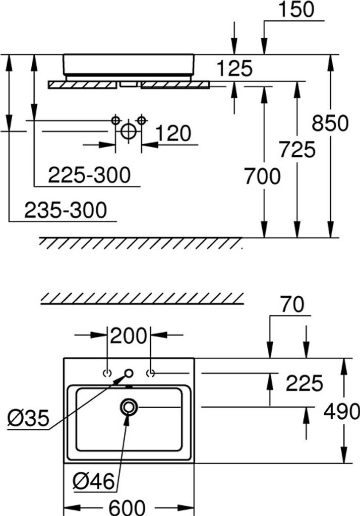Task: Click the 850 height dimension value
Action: point(330,123)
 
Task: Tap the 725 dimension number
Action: point(297,150)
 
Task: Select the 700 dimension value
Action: point(262,176)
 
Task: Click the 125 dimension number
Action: point(234,68)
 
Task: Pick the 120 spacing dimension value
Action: point(173,134)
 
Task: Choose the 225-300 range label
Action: point(89,175)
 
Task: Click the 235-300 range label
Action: point(66,210)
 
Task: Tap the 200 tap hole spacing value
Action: point(129,335)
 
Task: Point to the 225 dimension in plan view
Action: point(304,384)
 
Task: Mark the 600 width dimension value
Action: point(127,506)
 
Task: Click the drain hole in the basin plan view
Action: point(129,406)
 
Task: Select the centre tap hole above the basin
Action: point(129,373)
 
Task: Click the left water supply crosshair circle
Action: point(116,120)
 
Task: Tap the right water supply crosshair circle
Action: point(141,120)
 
